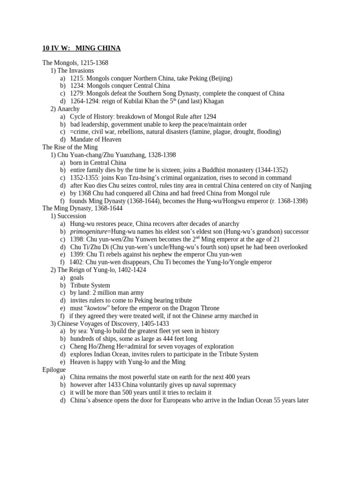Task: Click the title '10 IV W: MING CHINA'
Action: pos(81,48)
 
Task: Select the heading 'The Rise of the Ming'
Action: pos(70,147)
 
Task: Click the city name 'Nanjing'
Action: pos(300,185)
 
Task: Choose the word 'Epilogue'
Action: pos(54,369)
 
